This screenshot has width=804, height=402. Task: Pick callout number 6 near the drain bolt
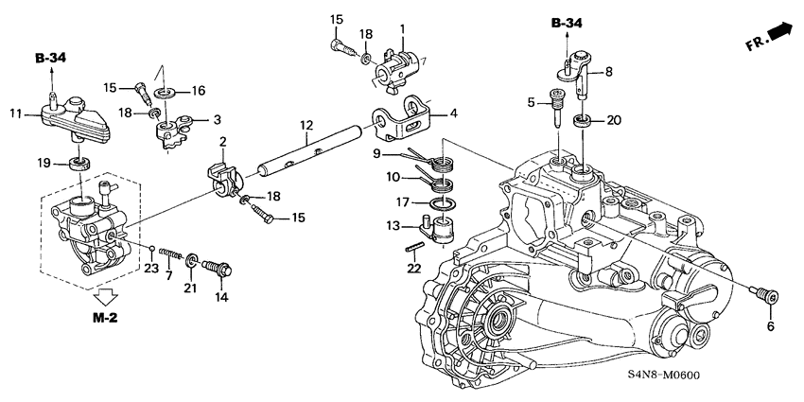point(770,325)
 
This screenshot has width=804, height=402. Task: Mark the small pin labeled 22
point(414,250)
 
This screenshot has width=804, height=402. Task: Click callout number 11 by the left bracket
point(15,114)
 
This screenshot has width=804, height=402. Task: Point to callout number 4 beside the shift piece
point(453,114)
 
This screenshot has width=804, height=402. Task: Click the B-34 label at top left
point(53,59)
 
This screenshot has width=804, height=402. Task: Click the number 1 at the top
point(401,27)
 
